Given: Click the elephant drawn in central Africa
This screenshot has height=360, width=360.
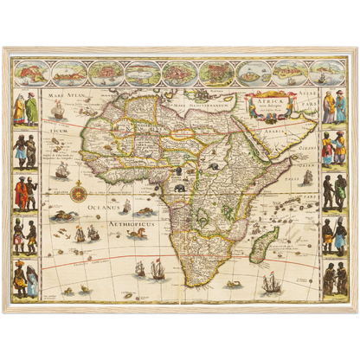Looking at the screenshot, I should [178, 188].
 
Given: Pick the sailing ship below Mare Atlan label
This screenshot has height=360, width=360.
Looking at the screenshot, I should [58, 111].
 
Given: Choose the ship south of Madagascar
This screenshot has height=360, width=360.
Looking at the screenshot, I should [271, 281].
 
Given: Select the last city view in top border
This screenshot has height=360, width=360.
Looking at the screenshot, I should [325, 72].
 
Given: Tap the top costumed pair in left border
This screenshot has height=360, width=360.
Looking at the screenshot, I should [25, 109].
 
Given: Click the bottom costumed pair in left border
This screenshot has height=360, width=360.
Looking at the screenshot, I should [25, 279].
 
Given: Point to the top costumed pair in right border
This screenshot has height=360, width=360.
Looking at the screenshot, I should [334, 108].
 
